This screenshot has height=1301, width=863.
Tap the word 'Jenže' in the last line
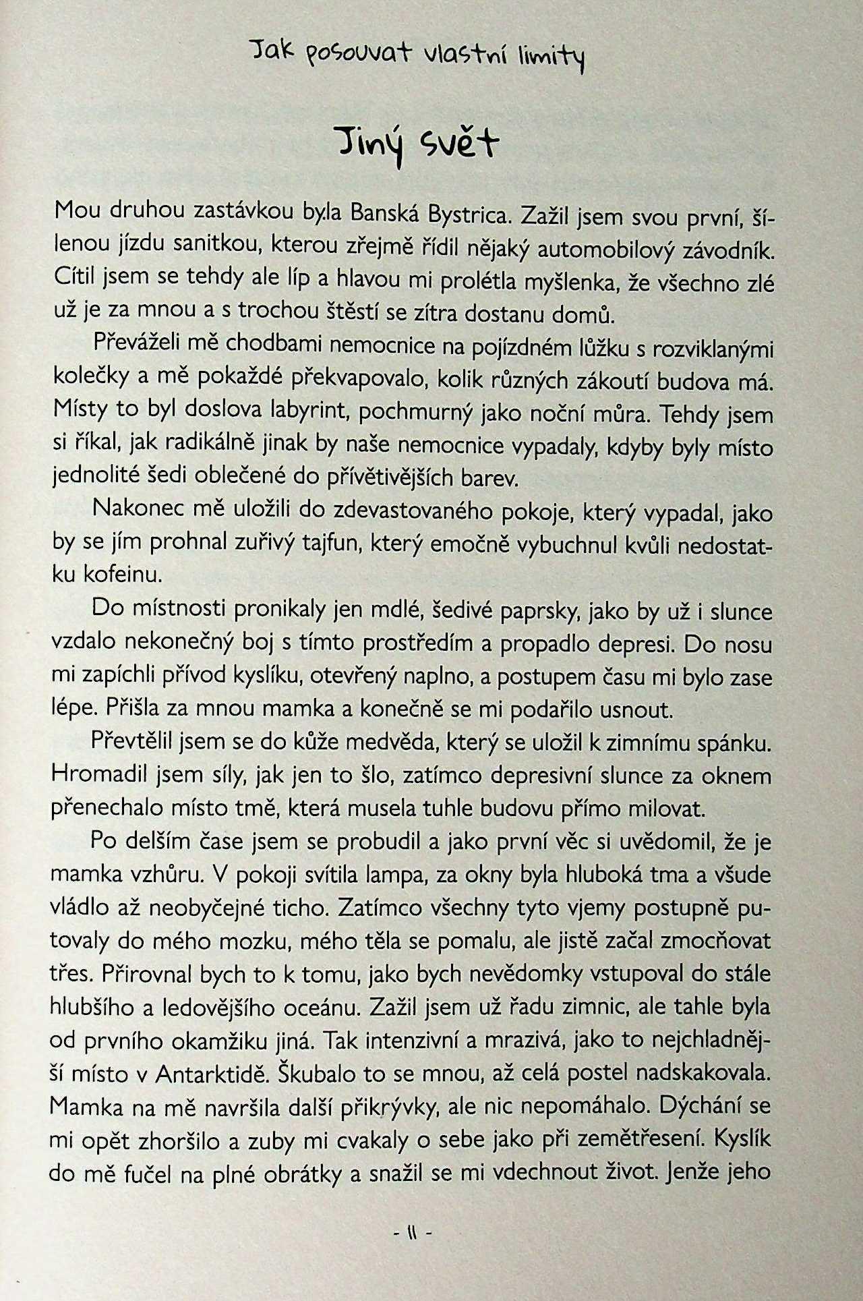pyautogui.click(x=698, y=1172)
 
